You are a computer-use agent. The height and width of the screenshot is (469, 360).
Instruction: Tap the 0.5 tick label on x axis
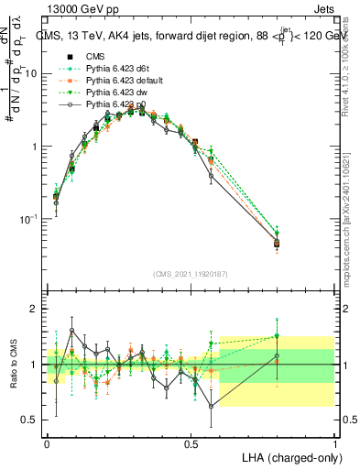[191, 443]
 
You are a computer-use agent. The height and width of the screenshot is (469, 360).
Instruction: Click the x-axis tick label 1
[335, 443]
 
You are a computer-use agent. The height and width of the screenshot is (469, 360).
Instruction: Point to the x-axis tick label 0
[47, 443]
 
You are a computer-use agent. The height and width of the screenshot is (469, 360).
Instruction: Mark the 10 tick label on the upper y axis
[30, 73]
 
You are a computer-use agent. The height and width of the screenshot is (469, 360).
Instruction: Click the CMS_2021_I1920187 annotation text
[190, 276]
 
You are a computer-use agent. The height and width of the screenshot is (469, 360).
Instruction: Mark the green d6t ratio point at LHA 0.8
[277, 335]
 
